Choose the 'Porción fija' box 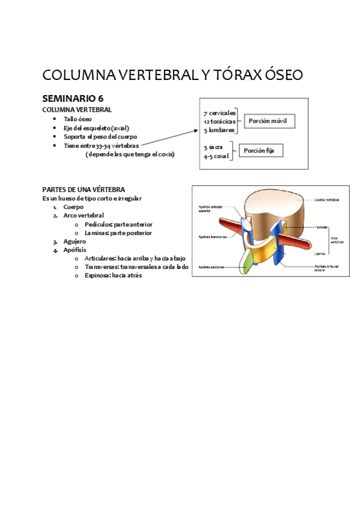261,150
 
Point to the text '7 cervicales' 219,113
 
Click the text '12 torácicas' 219,121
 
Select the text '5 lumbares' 219,130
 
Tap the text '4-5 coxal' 216,156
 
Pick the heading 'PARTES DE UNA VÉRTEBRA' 84,189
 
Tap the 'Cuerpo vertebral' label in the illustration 327,200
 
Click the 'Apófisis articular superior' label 212,209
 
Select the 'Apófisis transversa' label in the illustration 212,236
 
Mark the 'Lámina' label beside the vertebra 320,254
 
